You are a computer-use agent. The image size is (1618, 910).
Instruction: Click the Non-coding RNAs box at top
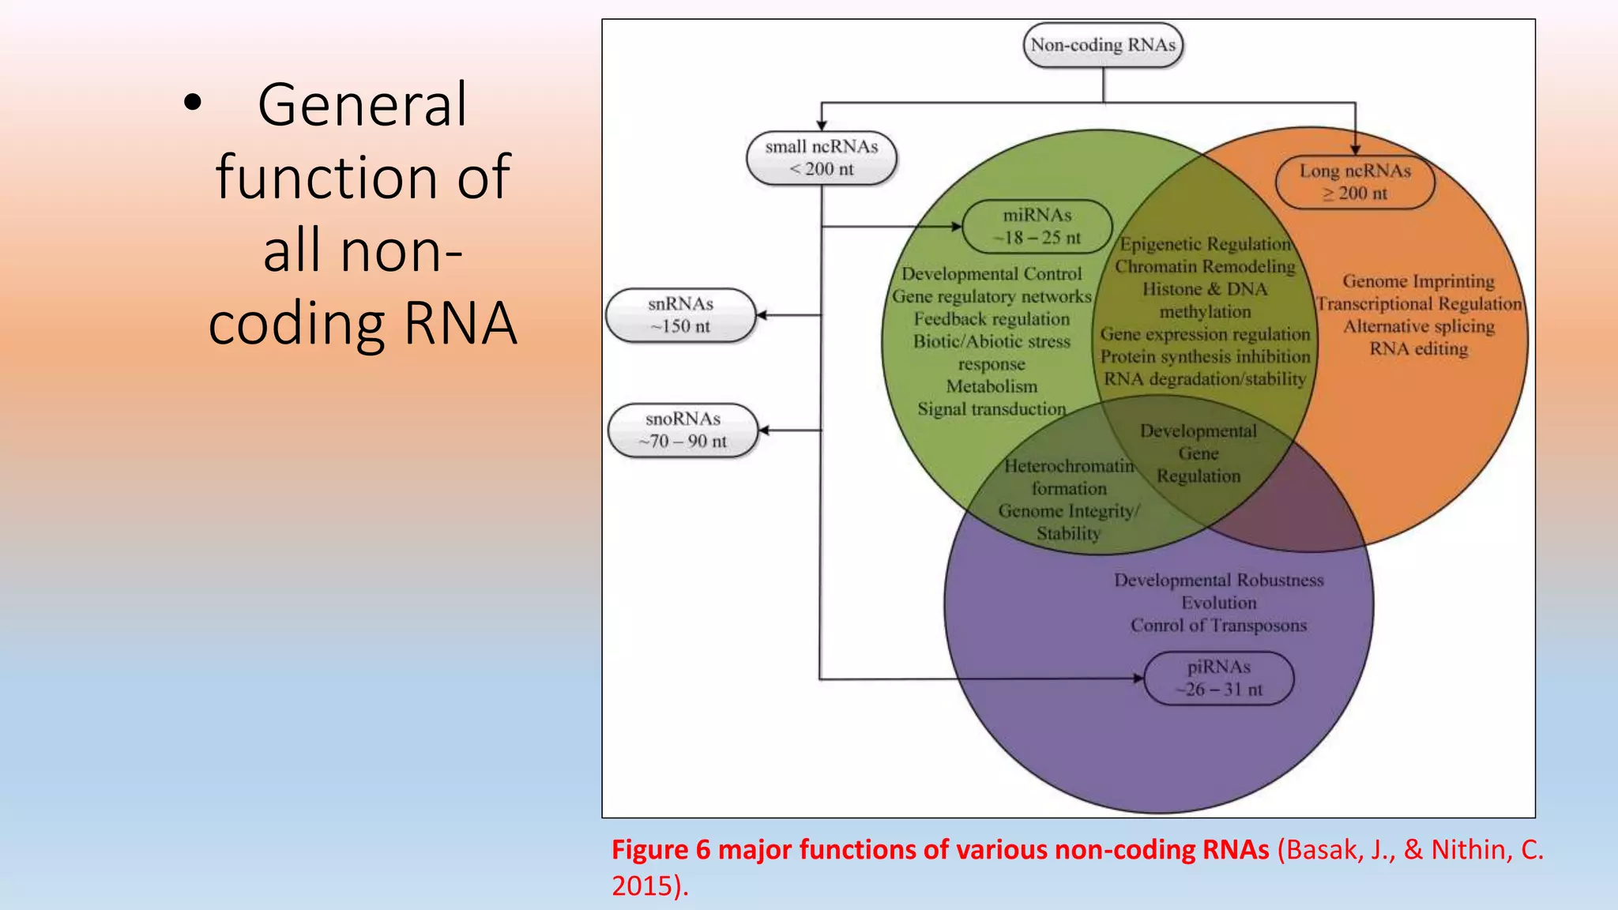tap(1103, 45)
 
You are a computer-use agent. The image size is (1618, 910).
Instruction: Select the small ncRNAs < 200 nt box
tap(821, 158)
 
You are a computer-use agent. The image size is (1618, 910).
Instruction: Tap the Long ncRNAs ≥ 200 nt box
tap(1355, 182)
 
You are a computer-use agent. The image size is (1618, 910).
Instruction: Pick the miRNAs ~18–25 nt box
tap(1037, 226)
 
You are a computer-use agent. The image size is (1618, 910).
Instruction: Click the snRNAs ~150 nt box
tap(680, 315)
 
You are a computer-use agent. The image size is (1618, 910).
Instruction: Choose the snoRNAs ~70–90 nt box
tap(683, 431)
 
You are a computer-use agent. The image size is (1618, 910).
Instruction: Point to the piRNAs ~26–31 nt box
tap(1218, 678)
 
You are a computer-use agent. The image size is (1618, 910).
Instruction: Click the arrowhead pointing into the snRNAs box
tap(762, 315)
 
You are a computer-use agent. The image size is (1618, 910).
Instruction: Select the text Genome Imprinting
tap(1418, 281)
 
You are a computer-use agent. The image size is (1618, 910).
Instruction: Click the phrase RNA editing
tap(1418, 349)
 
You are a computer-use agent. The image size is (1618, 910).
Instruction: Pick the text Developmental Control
tap(991, 274)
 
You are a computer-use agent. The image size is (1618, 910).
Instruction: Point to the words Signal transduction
tap(991, 409)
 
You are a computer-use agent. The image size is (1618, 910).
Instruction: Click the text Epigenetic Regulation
tap(1205, 244)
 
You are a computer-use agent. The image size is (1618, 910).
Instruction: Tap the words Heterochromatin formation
tap(1069, 477)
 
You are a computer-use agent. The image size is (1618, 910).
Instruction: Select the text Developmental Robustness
tap(1218, 580)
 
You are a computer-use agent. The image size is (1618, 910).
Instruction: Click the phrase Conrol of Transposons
tap(1218, 626)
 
